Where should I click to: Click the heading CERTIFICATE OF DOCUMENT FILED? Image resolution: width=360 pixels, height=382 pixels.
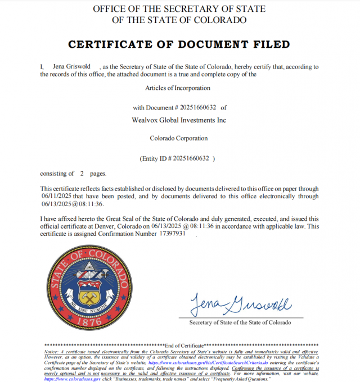click(x=179, y=44)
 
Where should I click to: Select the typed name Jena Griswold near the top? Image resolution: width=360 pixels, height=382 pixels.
click(x=67, y=67)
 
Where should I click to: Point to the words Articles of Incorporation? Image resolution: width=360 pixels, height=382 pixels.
click(x=178, y=88)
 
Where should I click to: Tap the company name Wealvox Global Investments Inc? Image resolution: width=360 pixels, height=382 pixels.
click(x=178, y=120)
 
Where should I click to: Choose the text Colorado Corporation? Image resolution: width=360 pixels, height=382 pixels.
click(x=178, y=138)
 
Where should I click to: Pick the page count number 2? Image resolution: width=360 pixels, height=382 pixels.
click(x=82, y=174)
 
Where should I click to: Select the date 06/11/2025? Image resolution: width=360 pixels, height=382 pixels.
click(x=55, y=196)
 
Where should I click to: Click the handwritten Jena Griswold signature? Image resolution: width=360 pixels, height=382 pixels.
click(x=240, y=304)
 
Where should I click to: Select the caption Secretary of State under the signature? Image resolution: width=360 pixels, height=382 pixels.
click(x=240, y=322)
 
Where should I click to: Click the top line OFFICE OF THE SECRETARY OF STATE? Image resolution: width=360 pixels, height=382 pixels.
click(x=179, y=9)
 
